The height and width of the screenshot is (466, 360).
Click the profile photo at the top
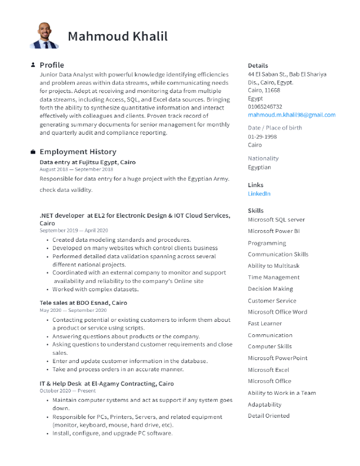coord(44,36)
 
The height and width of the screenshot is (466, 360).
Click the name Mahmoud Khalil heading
coord(118,36)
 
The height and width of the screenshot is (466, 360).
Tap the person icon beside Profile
coord(33,65)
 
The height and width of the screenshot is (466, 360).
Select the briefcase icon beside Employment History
coord(33,151)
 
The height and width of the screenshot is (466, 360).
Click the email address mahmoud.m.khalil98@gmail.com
coord(291,115)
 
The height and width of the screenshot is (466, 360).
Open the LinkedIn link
coord(259,194)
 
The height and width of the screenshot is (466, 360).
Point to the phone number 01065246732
coord(265,106)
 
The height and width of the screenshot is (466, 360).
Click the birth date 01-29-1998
coord(262,137)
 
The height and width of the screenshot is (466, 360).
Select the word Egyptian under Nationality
coord(259,167)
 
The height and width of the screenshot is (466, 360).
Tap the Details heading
coord(258,65)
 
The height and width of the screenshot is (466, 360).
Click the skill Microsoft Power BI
coord(274,231)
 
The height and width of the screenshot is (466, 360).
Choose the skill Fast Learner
coord(265,323)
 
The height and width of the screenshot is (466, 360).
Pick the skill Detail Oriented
coord(268,415)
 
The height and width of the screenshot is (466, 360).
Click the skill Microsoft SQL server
coord(276,219)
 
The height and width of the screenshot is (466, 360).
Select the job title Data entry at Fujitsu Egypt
coord(88,162)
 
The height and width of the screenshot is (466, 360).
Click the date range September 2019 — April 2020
coord(74,231)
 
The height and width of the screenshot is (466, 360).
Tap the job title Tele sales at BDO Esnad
coord(83,302)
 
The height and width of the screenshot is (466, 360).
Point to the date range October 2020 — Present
coord(67,391)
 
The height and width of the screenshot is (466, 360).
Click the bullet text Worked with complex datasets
coord(95,289)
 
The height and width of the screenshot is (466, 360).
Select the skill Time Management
coord(274,277)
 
